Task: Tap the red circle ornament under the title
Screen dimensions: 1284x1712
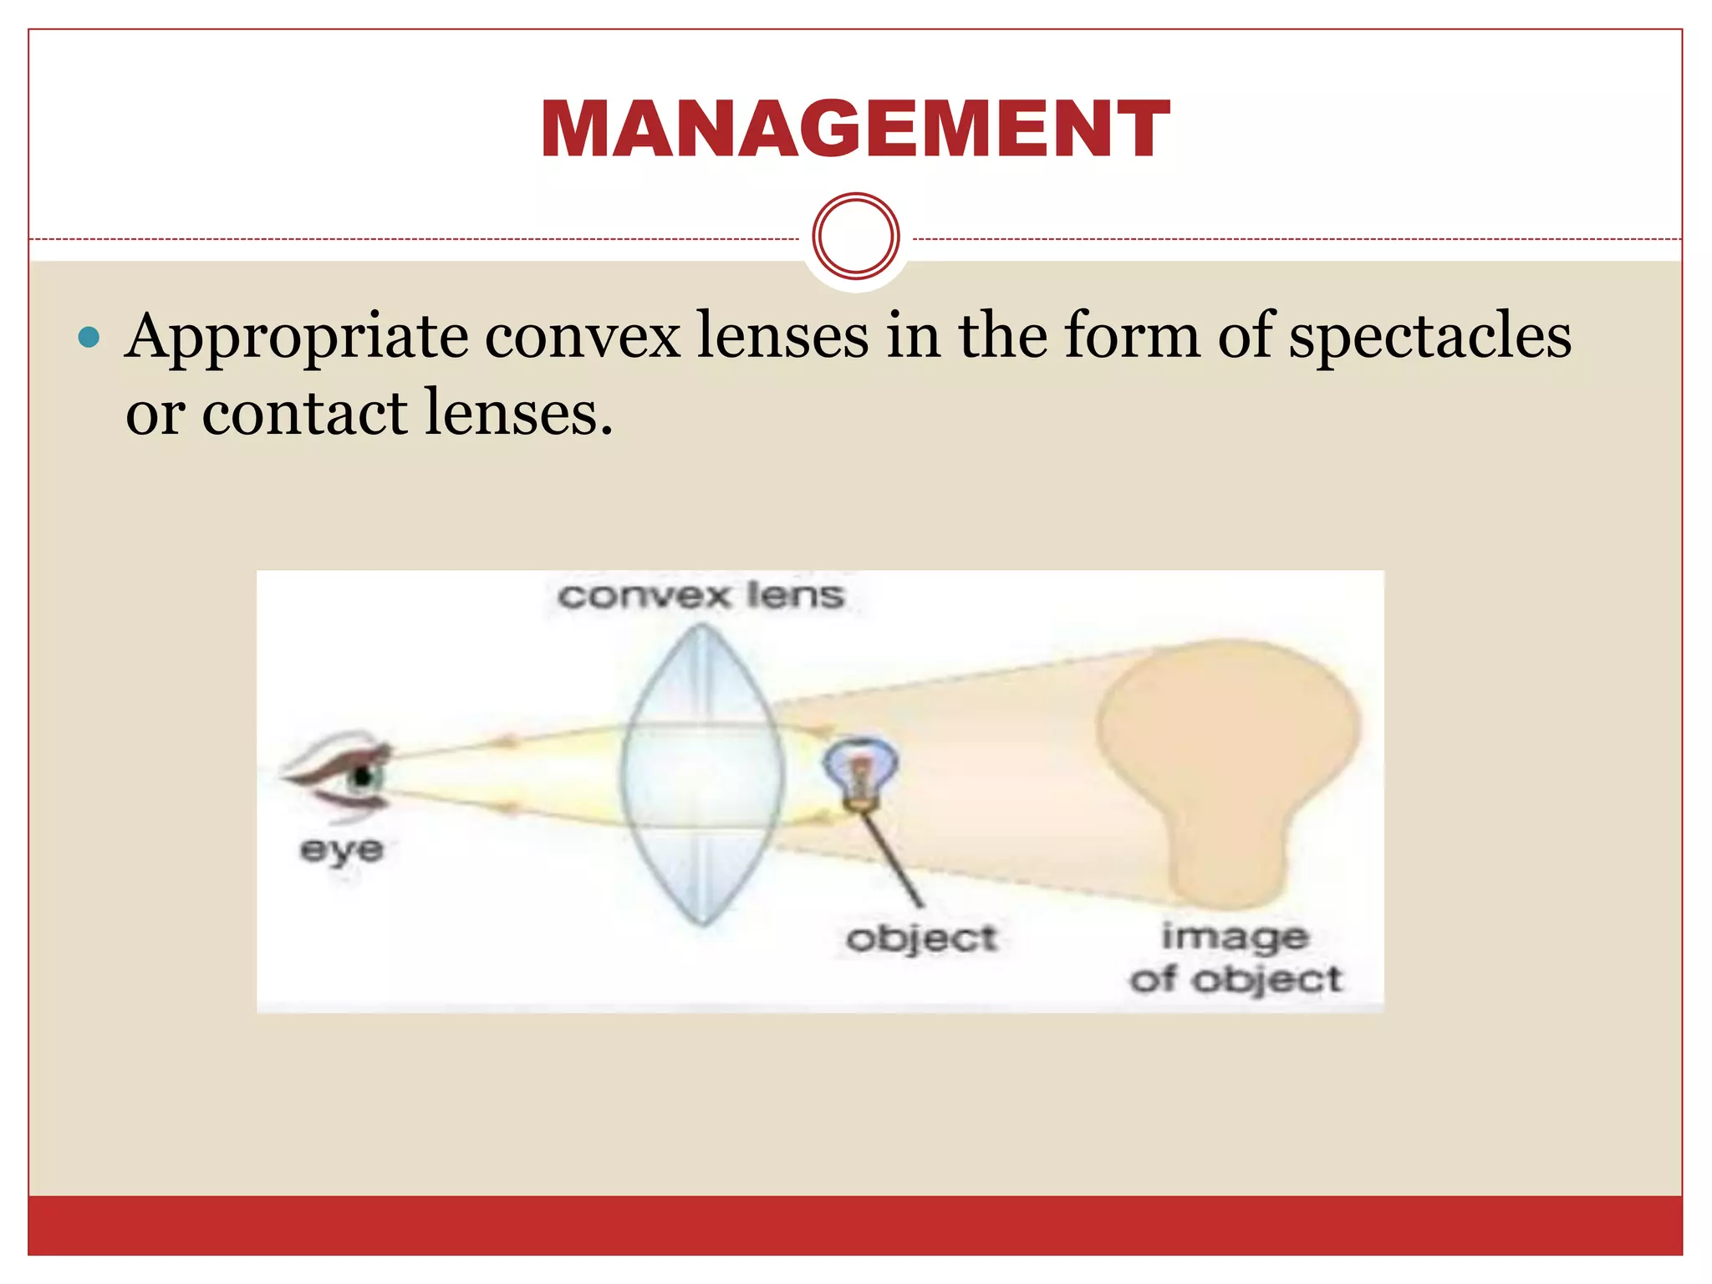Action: point(856,237)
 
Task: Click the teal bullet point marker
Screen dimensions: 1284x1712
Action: point(88,338)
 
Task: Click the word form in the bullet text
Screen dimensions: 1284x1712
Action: point(1133,336)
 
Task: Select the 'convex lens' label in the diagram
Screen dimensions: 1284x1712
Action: point(701,596)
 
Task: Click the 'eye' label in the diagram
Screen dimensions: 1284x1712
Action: point(342,850)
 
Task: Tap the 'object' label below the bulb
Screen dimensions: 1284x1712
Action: point(921,938)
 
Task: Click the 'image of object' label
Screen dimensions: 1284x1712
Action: point(1236,958)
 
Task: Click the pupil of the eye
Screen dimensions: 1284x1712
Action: point(363,777)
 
